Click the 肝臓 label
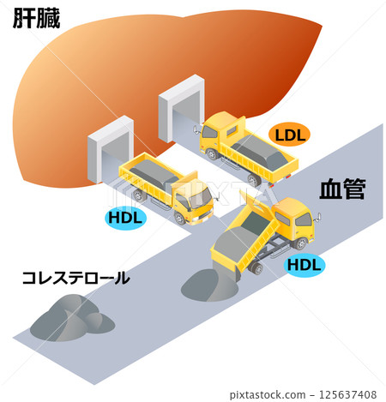pyautogui.click(x=36, y=18)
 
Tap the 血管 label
pyautogui.click(x=342, y=189)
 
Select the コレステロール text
pyautogui.click(x=76, y=278)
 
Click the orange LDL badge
pyautogui.click(x=289, y=135)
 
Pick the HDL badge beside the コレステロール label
pyautogui.click(x=125, y=218)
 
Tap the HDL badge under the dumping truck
pyautogui.click(x=305, y=265)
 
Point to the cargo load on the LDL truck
pyautogui.click(x=260, y=153)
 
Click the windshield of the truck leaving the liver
pyautogui.click(x=201, y=198)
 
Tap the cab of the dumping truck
pyautogui.click(x=293, y=221)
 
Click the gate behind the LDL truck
pyautogui.click(x=181, y=108)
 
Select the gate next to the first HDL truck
pyautogui.click(x=110, y=149)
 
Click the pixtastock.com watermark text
pyautogui.click(x=268, y=394)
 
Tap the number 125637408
pyautogui.click(x=347, y=394)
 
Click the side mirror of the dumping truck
pyautogui.click(x=318, y=217)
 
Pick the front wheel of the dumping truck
pyautogui.click(x=301, y=243)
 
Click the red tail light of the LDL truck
pyautogui.click(x=288, y=177)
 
